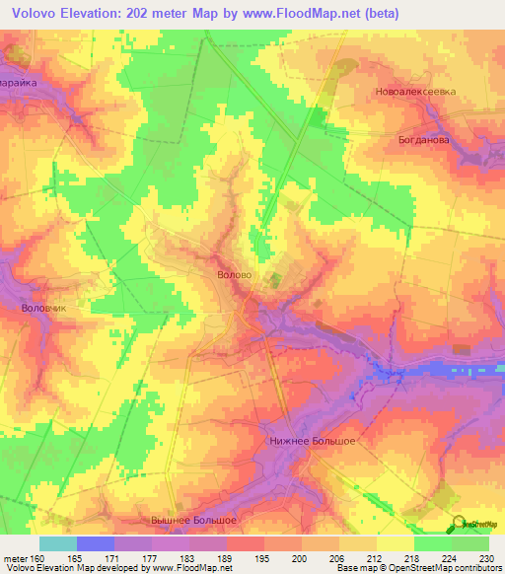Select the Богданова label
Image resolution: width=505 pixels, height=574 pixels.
pos(425,140)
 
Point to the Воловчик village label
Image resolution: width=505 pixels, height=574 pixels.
pos(42,308)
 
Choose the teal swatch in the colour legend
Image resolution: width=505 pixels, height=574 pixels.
pos(57,543)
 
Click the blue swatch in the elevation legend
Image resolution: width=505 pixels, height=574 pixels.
pos(95,543)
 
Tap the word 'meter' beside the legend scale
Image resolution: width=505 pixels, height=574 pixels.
pos(15,558)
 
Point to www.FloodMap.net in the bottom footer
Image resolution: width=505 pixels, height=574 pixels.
pos(194,568)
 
